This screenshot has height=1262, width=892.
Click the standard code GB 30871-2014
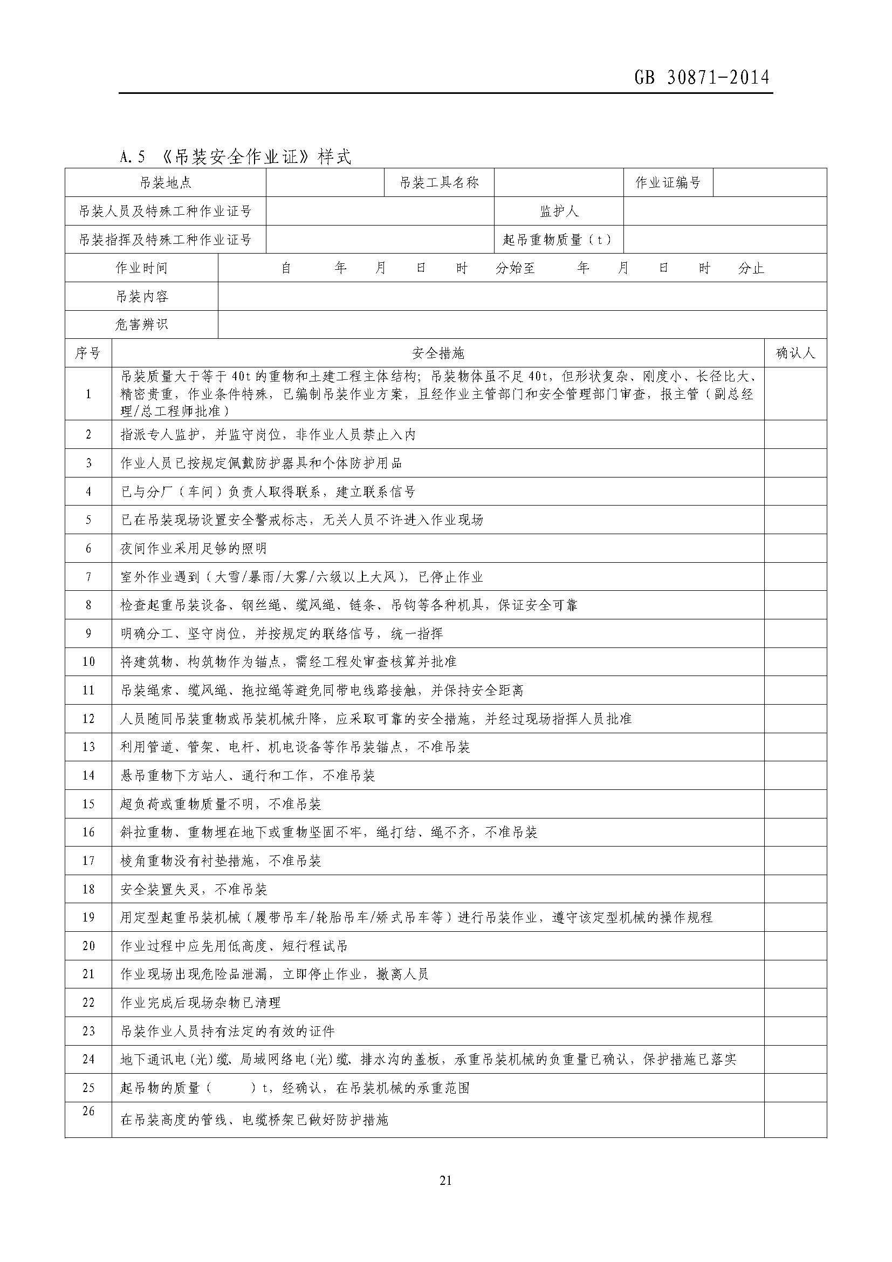click(702, 78)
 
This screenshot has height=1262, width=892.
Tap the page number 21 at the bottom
click(445, 1180)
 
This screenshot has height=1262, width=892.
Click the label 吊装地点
click(166, 183)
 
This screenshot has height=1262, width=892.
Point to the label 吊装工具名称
click(439, 183)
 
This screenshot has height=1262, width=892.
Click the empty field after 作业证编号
click(769, 183)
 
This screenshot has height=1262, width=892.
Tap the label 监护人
click(559, 211)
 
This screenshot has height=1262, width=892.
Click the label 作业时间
click(142, 268)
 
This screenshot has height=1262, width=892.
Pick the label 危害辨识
click(142, 325)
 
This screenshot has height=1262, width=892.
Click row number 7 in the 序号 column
click(88, 577)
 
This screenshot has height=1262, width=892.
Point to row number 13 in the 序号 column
click(88, 746)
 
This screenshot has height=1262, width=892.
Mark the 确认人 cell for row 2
click(795, 434)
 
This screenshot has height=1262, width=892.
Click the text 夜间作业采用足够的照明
click(194, 548)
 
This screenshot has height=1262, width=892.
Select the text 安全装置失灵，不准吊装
click(194, 889)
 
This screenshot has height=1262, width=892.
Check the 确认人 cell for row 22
click(795, 1002)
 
